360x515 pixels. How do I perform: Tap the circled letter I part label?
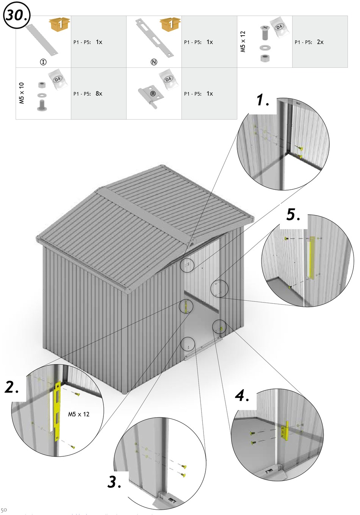[43, 62]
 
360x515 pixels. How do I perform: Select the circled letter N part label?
[154, 62]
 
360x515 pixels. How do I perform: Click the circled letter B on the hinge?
[153, 94]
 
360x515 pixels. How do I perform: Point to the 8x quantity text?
[99, 94]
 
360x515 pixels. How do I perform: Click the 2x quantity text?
[320, 42]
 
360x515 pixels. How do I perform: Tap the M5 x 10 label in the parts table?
[22, 93]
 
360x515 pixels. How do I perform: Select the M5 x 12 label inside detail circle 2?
[79, 414]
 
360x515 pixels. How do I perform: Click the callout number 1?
[263, 100]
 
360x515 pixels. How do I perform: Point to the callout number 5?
[293, 215]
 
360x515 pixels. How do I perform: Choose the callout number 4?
[242, 396]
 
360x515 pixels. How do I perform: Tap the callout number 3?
[114, 482]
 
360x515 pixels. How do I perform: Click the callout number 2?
[12, 387]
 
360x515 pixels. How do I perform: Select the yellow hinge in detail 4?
[285, 431]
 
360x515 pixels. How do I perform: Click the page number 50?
[4, 510]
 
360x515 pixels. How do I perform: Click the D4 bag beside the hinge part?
[168, 80]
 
